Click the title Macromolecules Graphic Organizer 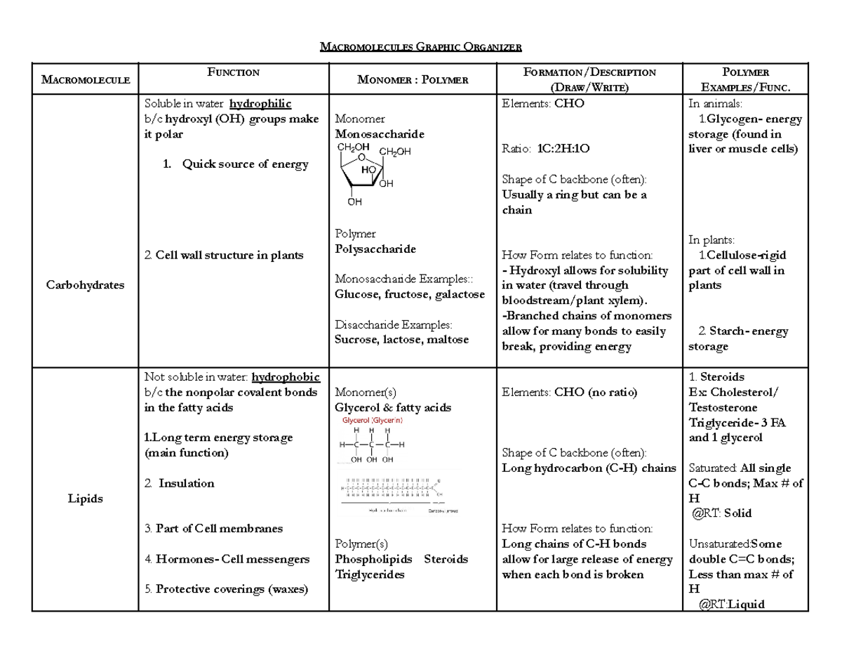pyautogui.click(x=421, y=48)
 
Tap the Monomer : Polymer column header pyautogui.click(x=413, y=79)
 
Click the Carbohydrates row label pyautogui.click(x=85, y=285)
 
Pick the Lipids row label pyautogui.click(x=85, y=499)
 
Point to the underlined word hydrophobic pyautogui.click(x=286, y=377)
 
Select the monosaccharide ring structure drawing pyautogui.click(x=372, y=172)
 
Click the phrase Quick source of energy pyautogui.click(x=245, y=164)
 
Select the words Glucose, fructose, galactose pyautogui.click(x=410, y=294)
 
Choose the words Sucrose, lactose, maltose pyautogui.click(x=402, y=339)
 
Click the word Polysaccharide pyautogui.click(x=375, y=249)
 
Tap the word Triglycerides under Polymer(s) pyautogui.click(x=370, y=574)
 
